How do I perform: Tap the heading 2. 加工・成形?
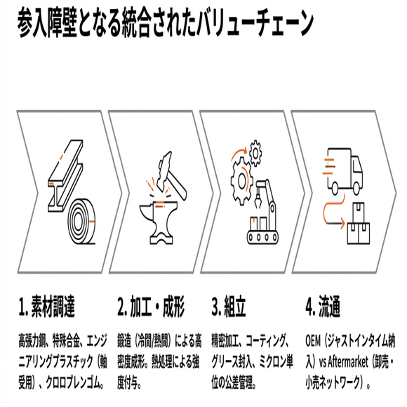[x=150, y=307]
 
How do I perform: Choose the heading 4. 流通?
[x=323, y=307]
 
